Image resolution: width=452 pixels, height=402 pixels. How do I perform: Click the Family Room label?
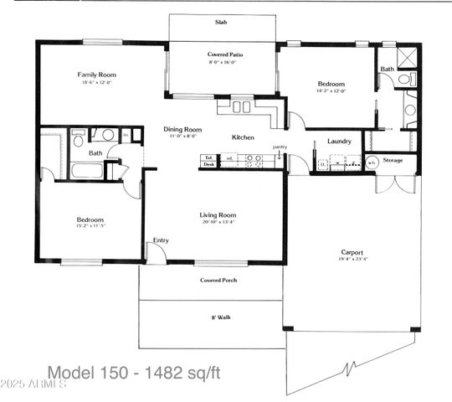click(x=95, y=75)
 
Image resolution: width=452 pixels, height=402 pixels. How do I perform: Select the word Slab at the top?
click(x=222, y=23)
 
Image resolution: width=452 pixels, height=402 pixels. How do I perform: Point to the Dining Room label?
click(x=183, y=129)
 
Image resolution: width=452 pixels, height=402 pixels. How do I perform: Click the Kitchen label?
click(x=243, y=137)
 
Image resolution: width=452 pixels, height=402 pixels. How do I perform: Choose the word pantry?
click(x=280, y=147)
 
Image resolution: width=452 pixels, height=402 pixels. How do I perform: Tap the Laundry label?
click(x=339, y=141)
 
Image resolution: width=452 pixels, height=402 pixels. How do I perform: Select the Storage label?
click(x=393, y=160)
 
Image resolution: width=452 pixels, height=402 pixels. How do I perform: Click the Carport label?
click(x=352, y=252)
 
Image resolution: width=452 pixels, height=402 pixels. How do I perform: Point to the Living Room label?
click(x=218, y=214)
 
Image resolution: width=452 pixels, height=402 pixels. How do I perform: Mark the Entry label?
click(x=161, y=240)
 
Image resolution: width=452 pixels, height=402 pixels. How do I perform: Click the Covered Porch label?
click(x=217, y=280)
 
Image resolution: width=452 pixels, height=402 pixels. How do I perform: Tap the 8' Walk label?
click(x=217, y=317)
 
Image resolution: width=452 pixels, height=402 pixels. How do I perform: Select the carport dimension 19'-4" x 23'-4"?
click(x=352, y=260)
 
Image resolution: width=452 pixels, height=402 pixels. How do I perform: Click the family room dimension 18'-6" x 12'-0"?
click(x=95, y=83)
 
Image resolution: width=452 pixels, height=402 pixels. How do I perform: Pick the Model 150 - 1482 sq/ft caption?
click(x=134, y=371)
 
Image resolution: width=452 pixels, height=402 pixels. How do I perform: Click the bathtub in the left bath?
click(x=87, y=172)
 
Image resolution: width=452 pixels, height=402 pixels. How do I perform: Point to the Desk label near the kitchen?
click(x=208, y=165)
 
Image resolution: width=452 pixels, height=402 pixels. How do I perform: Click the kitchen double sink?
click(x=242, y=106)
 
